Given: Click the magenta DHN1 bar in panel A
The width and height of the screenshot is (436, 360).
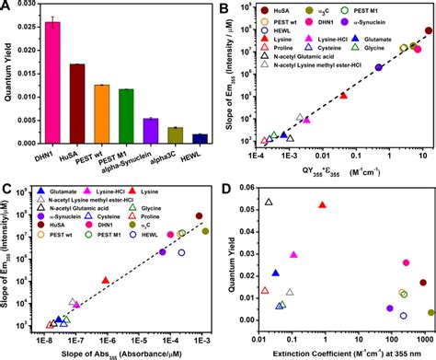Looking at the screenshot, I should [55, 83].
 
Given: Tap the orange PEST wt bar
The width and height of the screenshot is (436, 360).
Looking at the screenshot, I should [103, 114].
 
